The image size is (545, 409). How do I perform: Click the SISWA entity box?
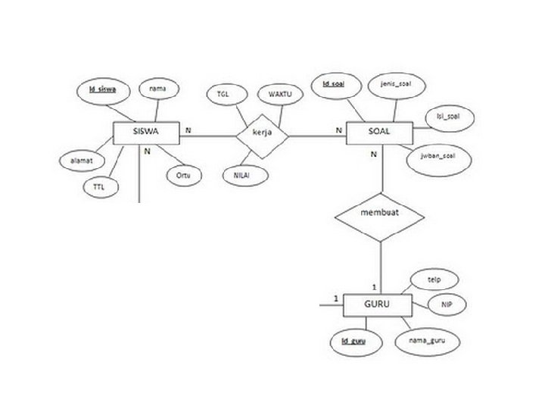[145, 133]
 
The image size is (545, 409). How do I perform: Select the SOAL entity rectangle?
[378, 133]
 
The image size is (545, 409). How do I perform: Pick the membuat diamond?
[379, 213]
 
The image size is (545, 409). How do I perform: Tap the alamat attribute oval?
[76, 161]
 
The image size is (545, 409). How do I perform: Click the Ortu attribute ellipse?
[183, 175]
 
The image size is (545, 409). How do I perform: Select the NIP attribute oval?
[447, 304]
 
